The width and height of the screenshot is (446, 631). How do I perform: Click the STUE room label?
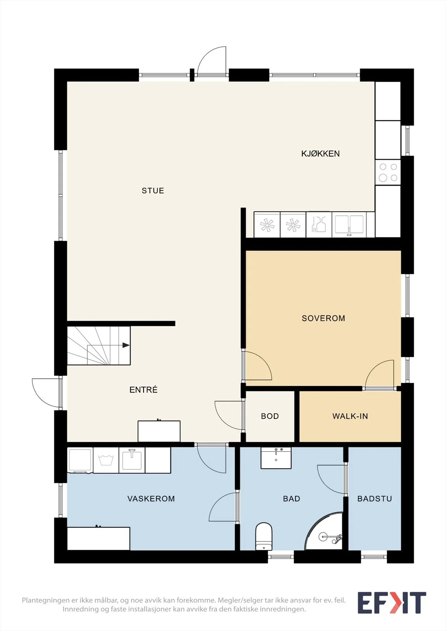click(153, 191)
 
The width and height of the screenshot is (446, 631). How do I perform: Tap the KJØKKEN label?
click(320, 153)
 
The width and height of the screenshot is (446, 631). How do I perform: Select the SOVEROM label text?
click(323, 318)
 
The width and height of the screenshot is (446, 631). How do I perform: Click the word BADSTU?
click(375, 498)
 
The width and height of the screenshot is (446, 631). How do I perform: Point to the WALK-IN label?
click(350, 416)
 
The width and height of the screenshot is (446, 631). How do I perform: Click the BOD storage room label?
click(270, 416)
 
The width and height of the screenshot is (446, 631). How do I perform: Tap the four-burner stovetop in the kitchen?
click(388, 172)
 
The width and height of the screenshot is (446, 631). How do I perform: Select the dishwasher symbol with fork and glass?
click(319, 224)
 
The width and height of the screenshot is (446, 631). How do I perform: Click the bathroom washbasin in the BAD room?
click(276, 458)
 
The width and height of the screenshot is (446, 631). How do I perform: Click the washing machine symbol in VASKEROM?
click(106, 460)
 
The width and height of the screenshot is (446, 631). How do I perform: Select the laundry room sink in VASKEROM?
click(132, 460)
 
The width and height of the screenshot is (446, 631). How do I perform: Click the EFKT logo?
click(392, 603)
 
